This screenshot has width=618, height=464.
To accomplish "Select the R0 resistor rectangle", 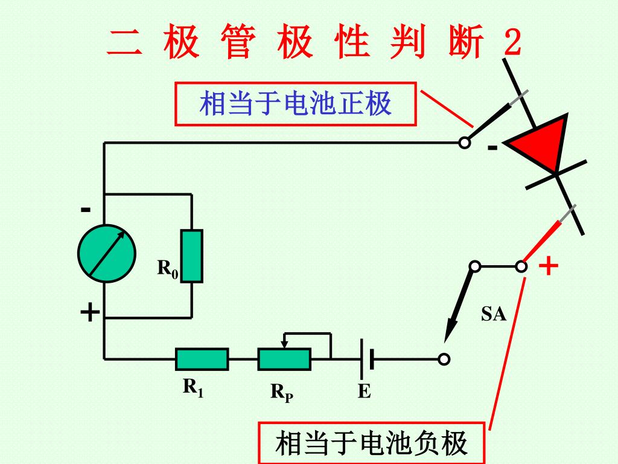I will [193, 256].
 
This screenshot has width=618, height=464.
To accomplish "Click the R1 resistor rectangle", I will [202, 359].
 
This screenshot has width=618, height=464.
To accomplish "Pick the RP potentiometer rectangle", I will [284, 359].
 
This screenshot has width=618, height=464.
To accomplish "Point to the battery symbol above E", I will [366, 359].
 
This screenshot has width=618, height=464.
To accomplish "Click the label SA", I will [493, 314].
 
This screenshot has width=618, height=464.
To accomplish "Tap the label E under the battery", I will [364, 392].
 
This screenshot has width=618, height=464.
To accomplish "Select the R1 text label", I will [193, 387].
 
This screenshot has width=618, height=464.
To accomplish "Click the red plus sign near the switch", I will [548, 266].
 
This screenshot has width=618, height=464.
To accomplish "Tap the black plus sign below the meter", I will [90, 313].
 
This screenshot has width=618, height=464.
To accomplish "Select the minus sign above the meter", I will [86, 210].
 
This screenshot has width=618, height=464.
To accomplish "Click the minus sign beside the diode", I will [493, 148].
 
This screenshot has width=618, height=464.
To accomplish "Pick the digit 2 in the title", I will [511, 44].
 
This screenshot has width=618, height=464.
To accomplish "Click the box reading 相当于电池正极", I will [296, 104].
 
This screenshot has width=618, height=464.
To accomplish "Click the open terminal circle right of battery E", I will [444, 359].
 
